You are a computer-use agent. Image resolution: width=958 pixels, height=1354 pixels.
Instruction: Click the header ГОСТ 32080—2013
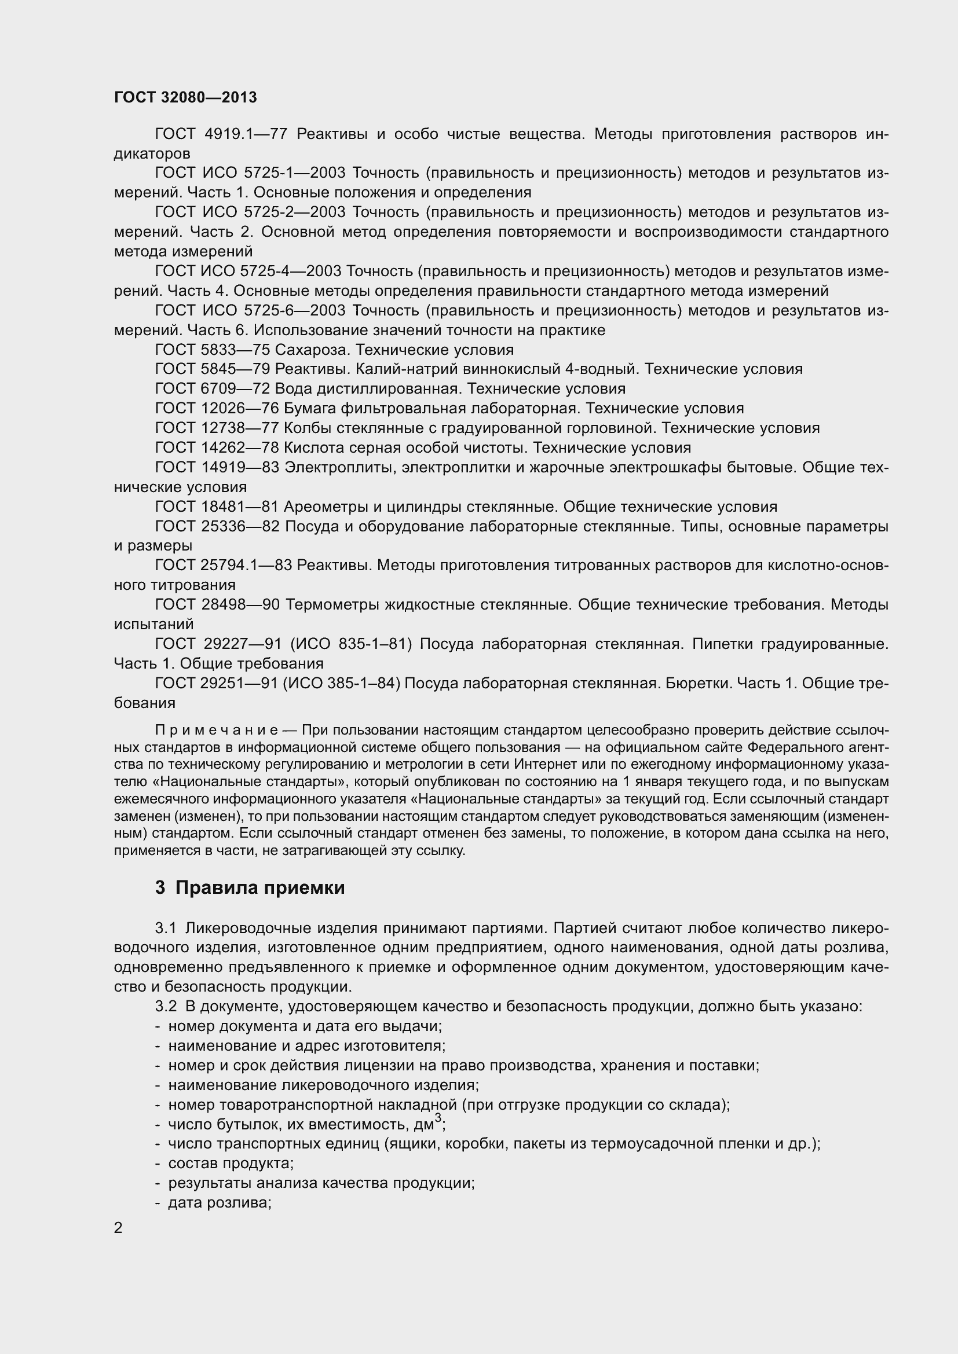tap(185, 97)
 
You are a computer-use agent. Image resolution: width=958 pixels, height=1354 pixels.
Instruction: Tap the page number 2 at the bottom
tap(119, 1228)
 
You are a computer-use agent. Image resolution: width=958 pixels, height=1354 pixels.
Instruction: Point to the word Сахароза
tap(313, 350)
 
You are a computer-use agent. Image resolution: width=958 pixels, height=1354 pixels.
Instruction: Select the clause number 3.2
tap(166, 1006)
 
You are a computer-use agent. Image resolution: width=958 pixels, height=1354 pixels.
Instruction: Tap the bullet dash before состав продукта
tap(158, 1164)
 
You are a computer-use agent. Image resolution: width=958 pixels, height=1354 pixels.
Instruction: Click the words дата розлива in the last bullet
tap(219, 1202)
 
